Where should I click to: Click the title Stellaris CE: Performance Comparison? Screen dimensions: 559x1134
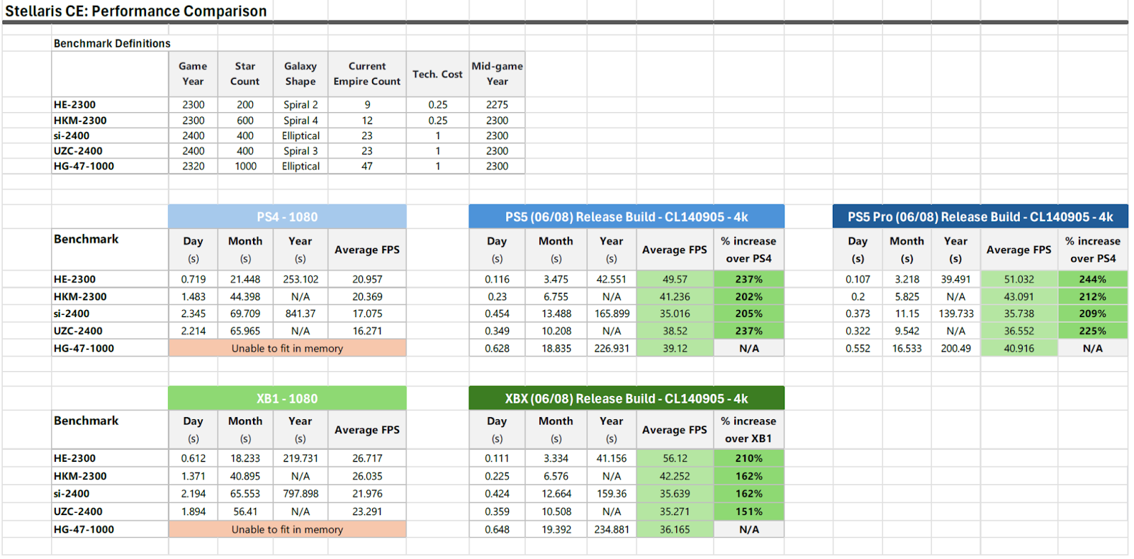coord(136,11)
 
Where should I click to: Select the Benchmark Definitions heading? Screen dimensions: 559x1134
coord(112,43)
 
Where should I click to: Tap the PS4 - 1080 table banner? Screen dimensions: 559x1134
coord(287,217)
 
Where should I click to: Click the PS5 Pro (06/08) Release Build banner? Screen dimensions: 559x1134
coord(979,217)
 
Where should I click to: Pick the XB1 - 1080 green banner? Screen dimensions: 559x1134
coord(287,399)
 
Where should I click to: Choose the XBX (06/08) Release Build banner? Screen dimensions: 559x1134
coord(626,399)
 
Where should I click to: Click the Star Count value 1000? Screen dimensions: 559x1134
coord(245,166)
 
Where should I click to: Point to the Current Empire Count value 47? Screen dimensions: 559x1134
coord(367,166)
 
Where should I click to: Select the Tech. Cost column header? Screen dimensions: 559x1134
coord(437,74)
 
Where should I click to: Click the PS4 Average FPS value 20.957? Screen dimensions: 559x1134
coord(367,279)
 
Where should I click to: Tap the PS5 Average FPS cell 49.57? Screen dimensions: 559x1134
coord(675,279)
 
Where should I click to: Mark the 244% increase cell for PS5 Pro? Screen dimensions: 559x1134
coord(1092,279)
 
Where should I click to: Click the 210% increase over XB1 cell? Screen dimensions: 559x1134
coord(748,458)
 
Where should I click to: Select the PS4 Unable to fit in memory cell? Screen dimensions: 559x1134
coord(287,348)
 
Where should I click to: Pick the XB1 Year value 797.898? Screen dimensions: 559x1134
coord(301,494)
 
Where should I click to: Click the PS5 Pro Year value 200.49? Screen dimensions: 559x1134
coord(955,348)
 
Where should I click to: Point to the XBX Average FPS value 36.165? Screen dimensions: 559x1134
coord(675,529)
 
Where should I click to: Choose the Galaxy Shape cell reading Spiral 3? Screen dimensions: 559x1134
coord(301,151)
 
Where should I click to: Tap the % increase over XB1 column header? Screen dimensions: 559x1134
coord(748,430)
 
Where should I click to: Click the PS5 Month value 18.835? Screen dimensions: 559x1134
coord(556,348)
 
